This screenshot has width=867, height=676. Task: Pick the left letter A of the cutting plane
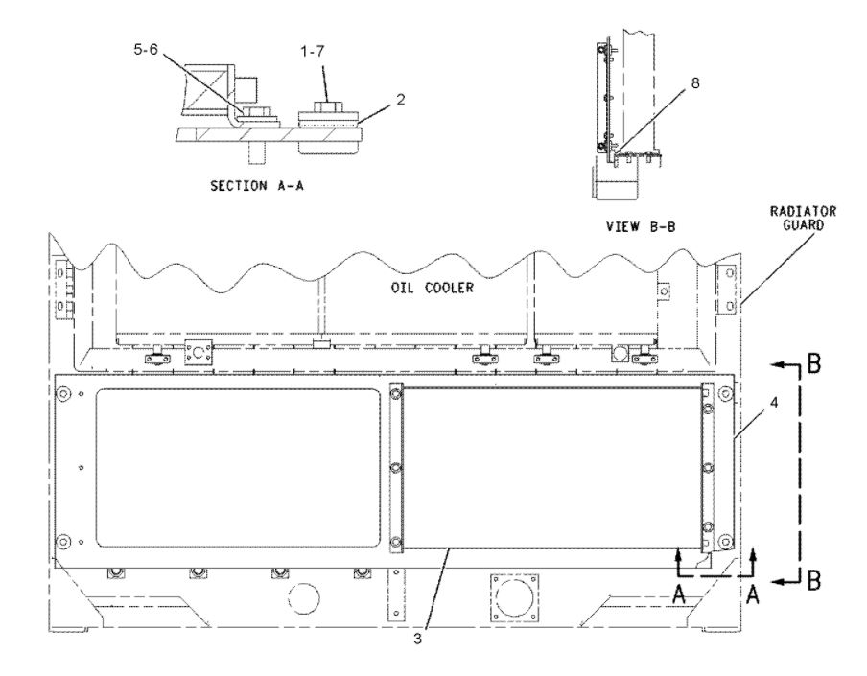680,594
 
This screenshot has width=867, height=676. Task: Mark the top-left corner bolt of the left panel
64,394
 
